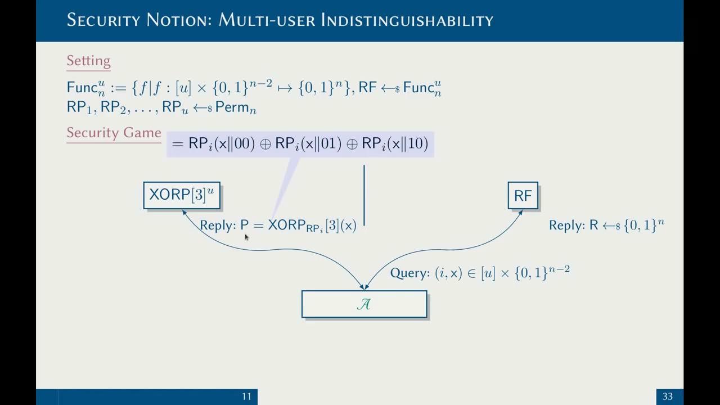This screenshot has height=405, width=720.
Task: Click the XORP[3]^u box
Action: (181, 195)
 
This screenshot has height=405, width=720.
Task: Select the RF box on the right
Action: (523, 195)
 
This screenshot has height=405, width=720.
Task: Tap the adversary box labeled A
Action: (364, 304)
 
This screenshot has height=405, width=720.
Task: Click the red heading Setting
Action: (88, 61)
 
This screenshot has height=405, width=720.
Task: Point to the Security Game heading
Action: (114, 133)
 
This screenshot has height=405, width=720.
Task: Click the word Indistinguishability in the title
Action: (407, 20)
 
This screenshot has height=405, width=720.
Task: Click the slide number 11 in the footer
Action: (246, 397)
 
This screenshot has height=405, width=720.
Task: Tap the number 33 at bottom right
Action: (667, 397)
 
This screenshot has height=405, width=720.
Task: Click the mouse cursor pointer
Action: (246, 237)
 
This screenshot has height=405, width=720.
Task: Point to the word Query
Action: (410, 273)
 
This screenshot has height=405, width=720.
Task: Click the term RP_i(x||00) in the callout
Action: (222, 144)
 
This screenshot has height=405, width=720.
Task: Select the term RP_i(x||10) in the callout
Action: (395, 144)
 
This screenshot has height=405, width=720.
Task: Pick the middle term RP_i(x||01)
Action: (308, 144)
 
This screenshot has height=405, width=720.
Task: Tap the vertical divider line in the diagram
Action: (364, 195)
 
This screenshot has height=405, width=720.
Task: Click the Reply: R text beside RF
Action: (573, 226)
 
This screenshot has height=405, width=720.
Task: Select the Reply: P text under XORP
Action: (224, 226)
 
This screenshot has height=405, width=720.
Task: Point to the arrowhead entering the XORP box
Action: (184, 213)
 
